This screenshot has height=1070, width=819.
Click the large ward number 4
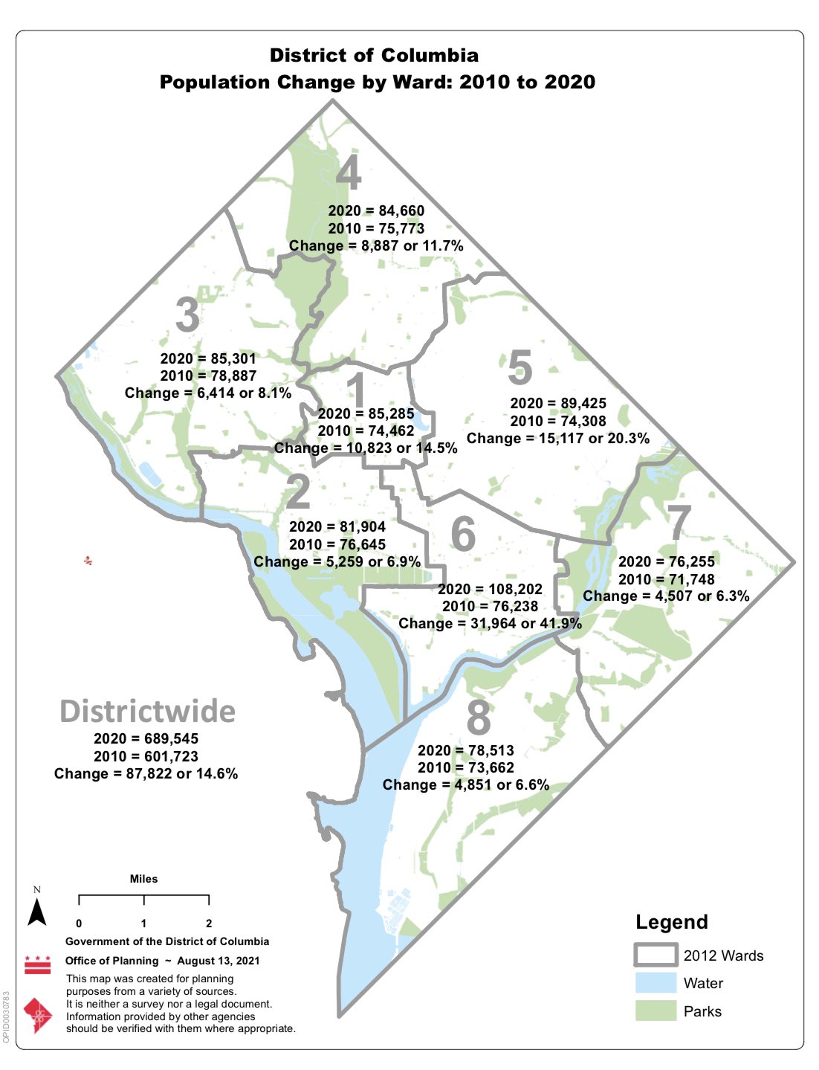click(349, 173)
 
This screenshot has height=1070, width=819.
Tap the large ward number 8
click(479, 718)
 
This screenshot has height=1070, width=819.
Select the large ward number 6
click(463, 534)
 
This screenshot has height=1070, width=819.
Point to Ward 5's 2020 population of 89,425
click(558, 404)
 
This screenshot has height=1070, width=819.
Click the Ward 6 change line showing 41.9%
click(490, 624)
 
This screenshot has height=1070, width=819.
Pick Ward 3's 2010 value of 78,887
click(208, 376)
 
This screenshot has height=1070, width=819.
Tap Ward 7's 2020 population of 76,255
click(666, 562)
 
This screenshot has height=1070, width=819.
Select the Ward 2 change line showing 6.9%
click(337, 562)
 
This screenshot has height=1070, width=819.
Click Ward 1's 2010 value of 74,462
click(366, 431)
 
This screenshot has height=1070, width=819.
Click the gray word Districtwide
click(147, 712)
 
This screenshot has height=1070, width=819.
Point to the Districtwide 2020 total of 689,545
click(146, 739)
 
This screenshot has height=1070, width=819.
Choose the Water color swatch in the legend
click(655, 983)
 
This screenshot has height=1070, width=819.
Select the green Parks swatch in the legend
click(655, 1011)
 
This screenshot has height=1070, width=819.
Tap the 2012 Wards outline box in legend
click(655, 955)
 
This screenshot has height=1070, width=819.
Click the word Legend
click(671, 922)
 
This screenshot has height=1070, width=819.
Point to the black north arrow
click(37, 911)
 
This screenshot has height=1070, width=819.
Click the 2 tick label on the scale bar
click(209, 924)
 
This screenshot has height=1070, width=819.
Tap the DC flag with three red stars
click(38, 964)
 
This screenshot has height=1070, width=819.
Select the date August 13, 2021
click(218, 961)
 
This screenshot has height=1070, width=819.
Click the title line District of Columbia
click(374, 56)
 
